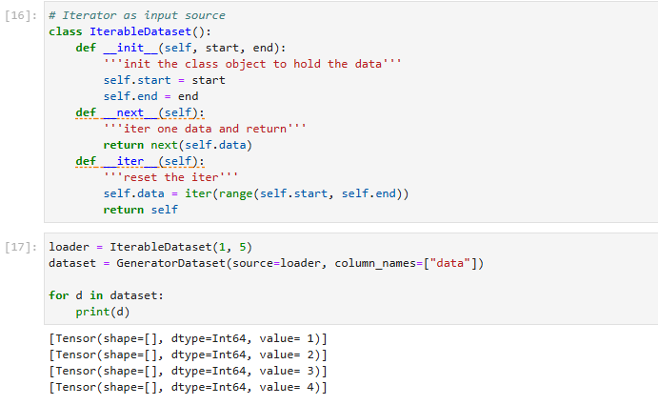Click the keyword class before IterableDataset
tap(66, 31)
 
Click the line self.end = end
tap(150, 96)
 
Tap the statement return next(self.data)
tap(178, 145)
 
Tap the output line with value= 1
tap(188, 339)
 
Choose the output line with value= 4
tap(188, 388)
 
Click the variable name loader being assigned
tap(70, 248)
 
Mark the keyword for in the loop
tap(58, 295)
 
